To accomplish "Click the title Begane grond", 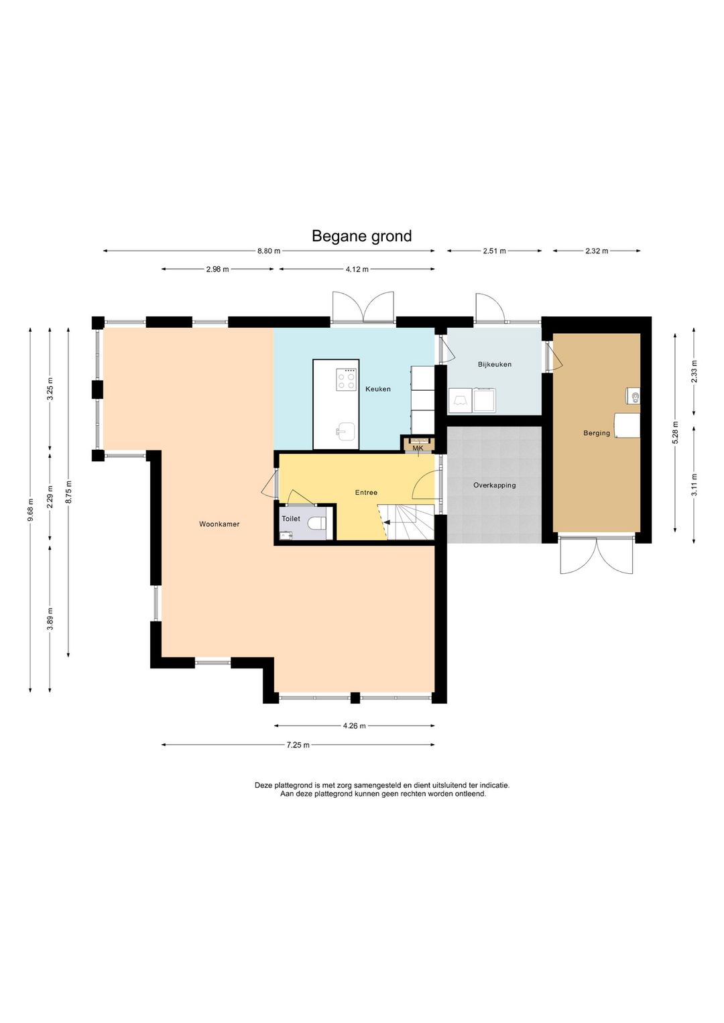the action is (361, 236).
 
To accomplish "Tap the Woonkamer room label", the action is (219, 524).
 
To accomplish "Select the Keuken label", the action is (378, 389).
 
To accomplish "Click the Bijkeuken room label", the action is (495, 365).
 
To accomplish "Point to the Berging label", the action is (597, 433).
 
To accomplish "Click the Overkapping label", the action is (494, 485).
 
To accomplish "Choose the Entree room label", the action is (366, 492).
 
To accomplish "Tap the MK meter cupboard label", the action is (418, 448).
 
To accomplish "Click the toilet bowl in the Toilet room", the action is (317, 522).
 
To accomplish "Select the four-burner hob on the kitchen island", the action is (346, 379).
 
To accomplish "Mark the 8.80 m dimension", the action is (269, 251).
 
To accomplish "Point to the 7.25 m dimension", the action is (298, 745).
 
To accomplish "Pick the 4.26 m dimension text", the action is (355, 726).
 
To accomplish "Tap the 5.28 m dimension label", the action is (675, 432).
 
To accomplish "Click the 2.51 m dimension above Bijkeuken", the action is (494, 251).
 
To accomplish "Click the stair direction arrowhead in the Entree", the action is (386, 522).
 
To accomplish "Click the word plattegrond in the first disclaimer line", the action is (293, 785).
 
